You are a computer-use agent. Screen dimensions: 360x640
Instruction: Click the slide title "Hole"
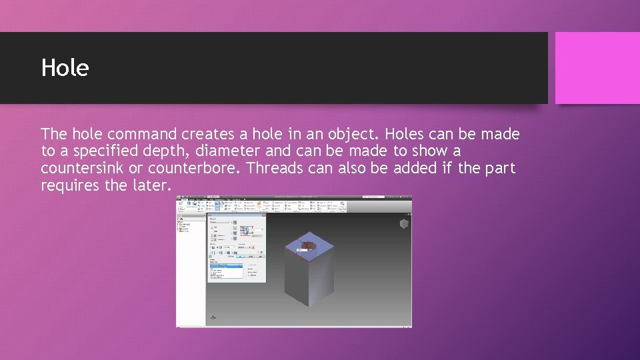(x=65, y=68)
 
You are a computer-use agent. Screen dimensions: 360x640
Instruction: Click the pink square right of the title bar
(x=597, y=68)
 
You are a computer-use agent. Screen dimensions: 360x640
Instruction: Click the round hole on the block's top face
(x=308, y=247)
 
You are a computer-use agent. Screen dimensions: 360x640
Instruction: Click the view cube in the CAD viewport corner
(x=403, y=224)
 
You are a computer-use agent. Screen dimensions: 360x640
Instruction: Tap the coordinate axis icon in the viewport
(x=213, y=317)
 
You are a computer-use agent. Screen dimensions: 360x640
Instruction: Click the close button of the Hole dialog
(x=264, y=215)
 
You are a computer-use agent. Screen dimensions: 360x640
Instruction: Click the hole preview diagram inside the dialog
(x=246, y=230)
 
